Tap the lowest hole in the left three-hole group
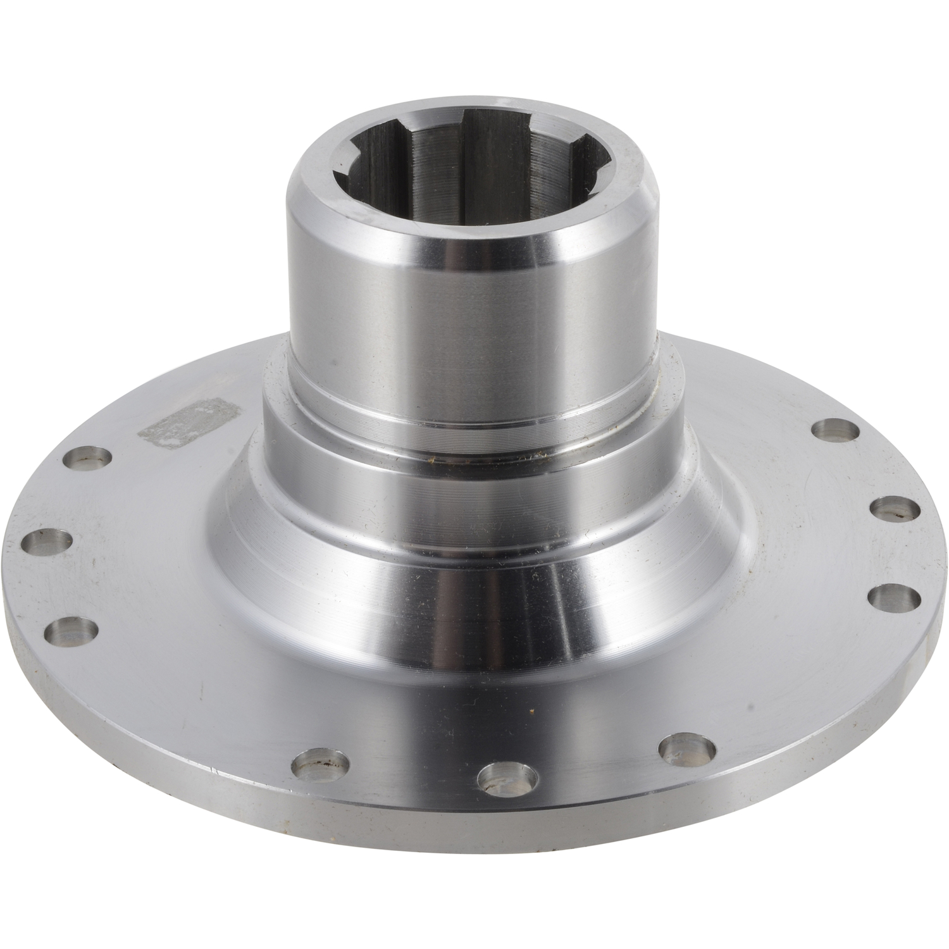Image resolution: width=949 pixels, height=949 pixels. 75,631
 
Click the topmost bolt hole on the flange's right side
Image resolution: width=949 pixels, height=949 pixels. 835,433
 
